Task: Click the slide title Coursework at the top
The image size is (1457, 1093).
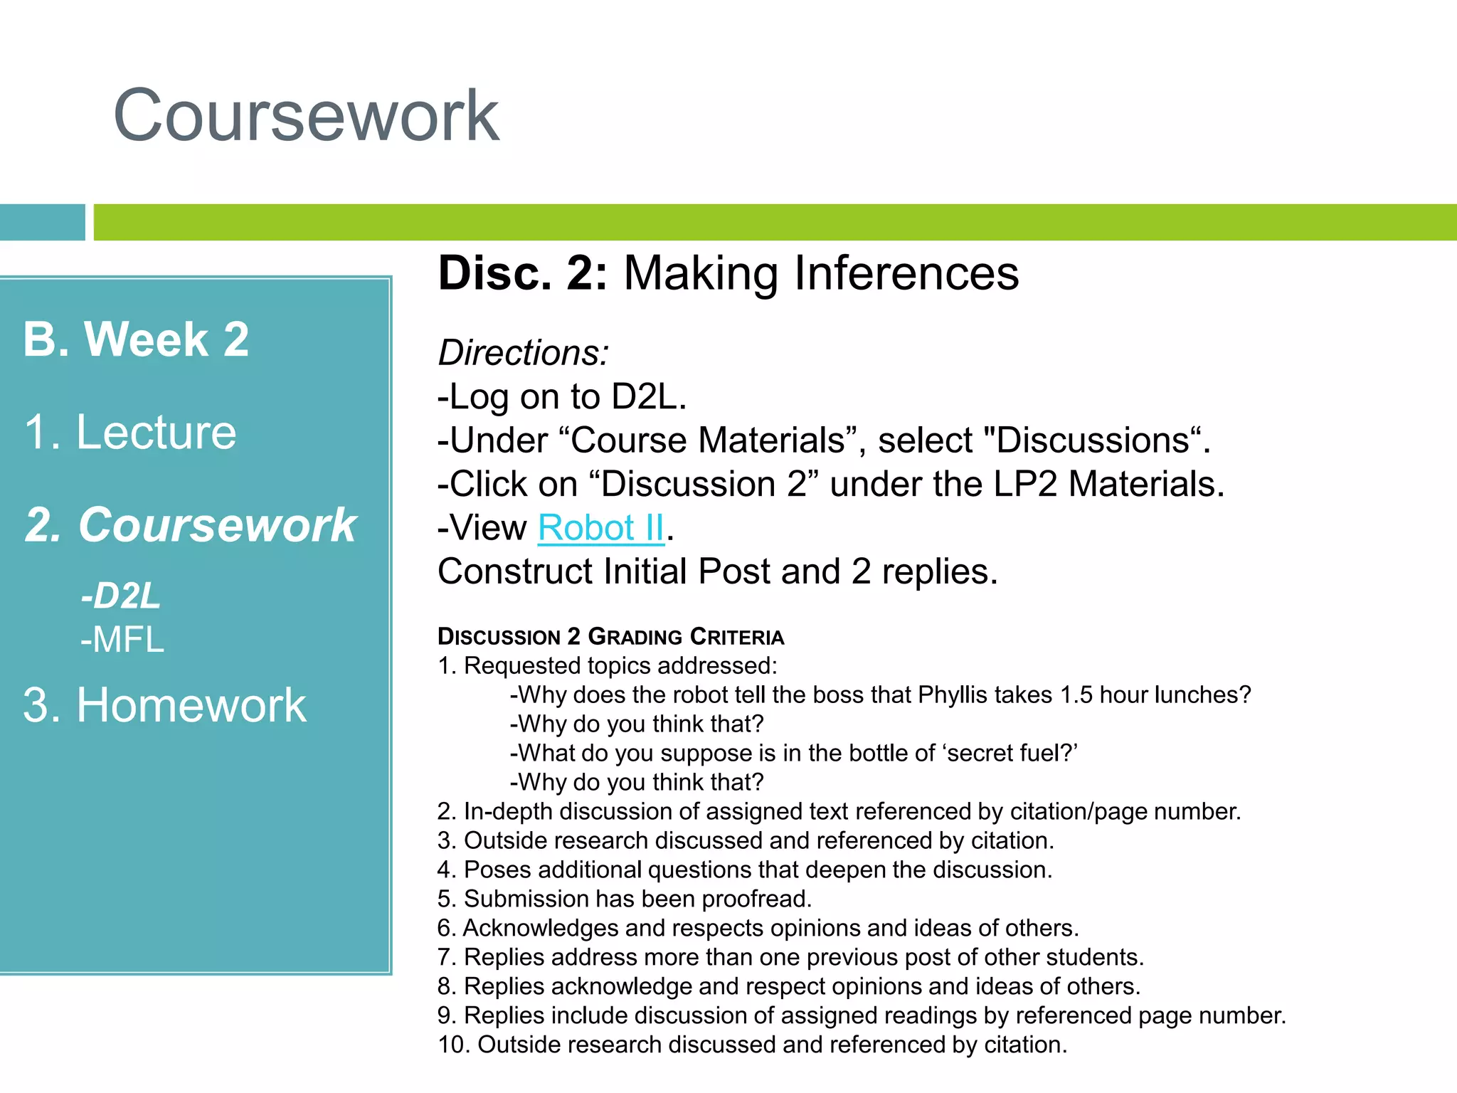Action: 306,116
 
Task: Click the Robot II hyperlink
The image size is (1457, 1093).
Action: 600,528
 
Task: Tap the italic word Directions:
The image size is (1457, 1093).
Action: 523,353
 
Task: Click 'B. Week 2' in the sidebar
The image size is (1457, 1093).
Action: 136,339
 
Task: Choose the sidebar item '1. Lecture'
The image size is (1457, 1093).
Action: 129,432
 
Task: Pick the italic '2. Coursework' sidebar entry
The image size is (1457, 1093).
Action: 190,525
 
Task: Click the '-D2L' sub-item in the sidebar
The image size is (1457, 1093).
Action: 120,596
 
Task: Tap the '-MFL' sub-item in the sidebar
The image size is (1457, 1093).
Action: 122,639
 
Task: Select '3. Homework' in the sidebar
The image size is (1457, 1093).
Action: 164,705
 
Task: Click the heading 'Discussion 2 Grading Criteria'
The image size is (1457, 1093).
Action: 610,636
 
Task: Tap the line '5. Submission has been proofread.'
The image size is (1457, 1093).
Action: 624,899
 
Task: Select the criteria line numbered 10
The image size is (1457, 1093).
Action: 752,1045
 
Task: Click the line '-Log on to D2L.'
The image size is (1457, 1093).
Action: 561,396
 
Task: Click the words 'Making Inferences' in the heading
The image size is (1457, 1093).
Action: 821,273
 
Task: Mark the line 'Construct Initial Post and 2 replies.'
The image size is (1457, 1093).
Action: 717,571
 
